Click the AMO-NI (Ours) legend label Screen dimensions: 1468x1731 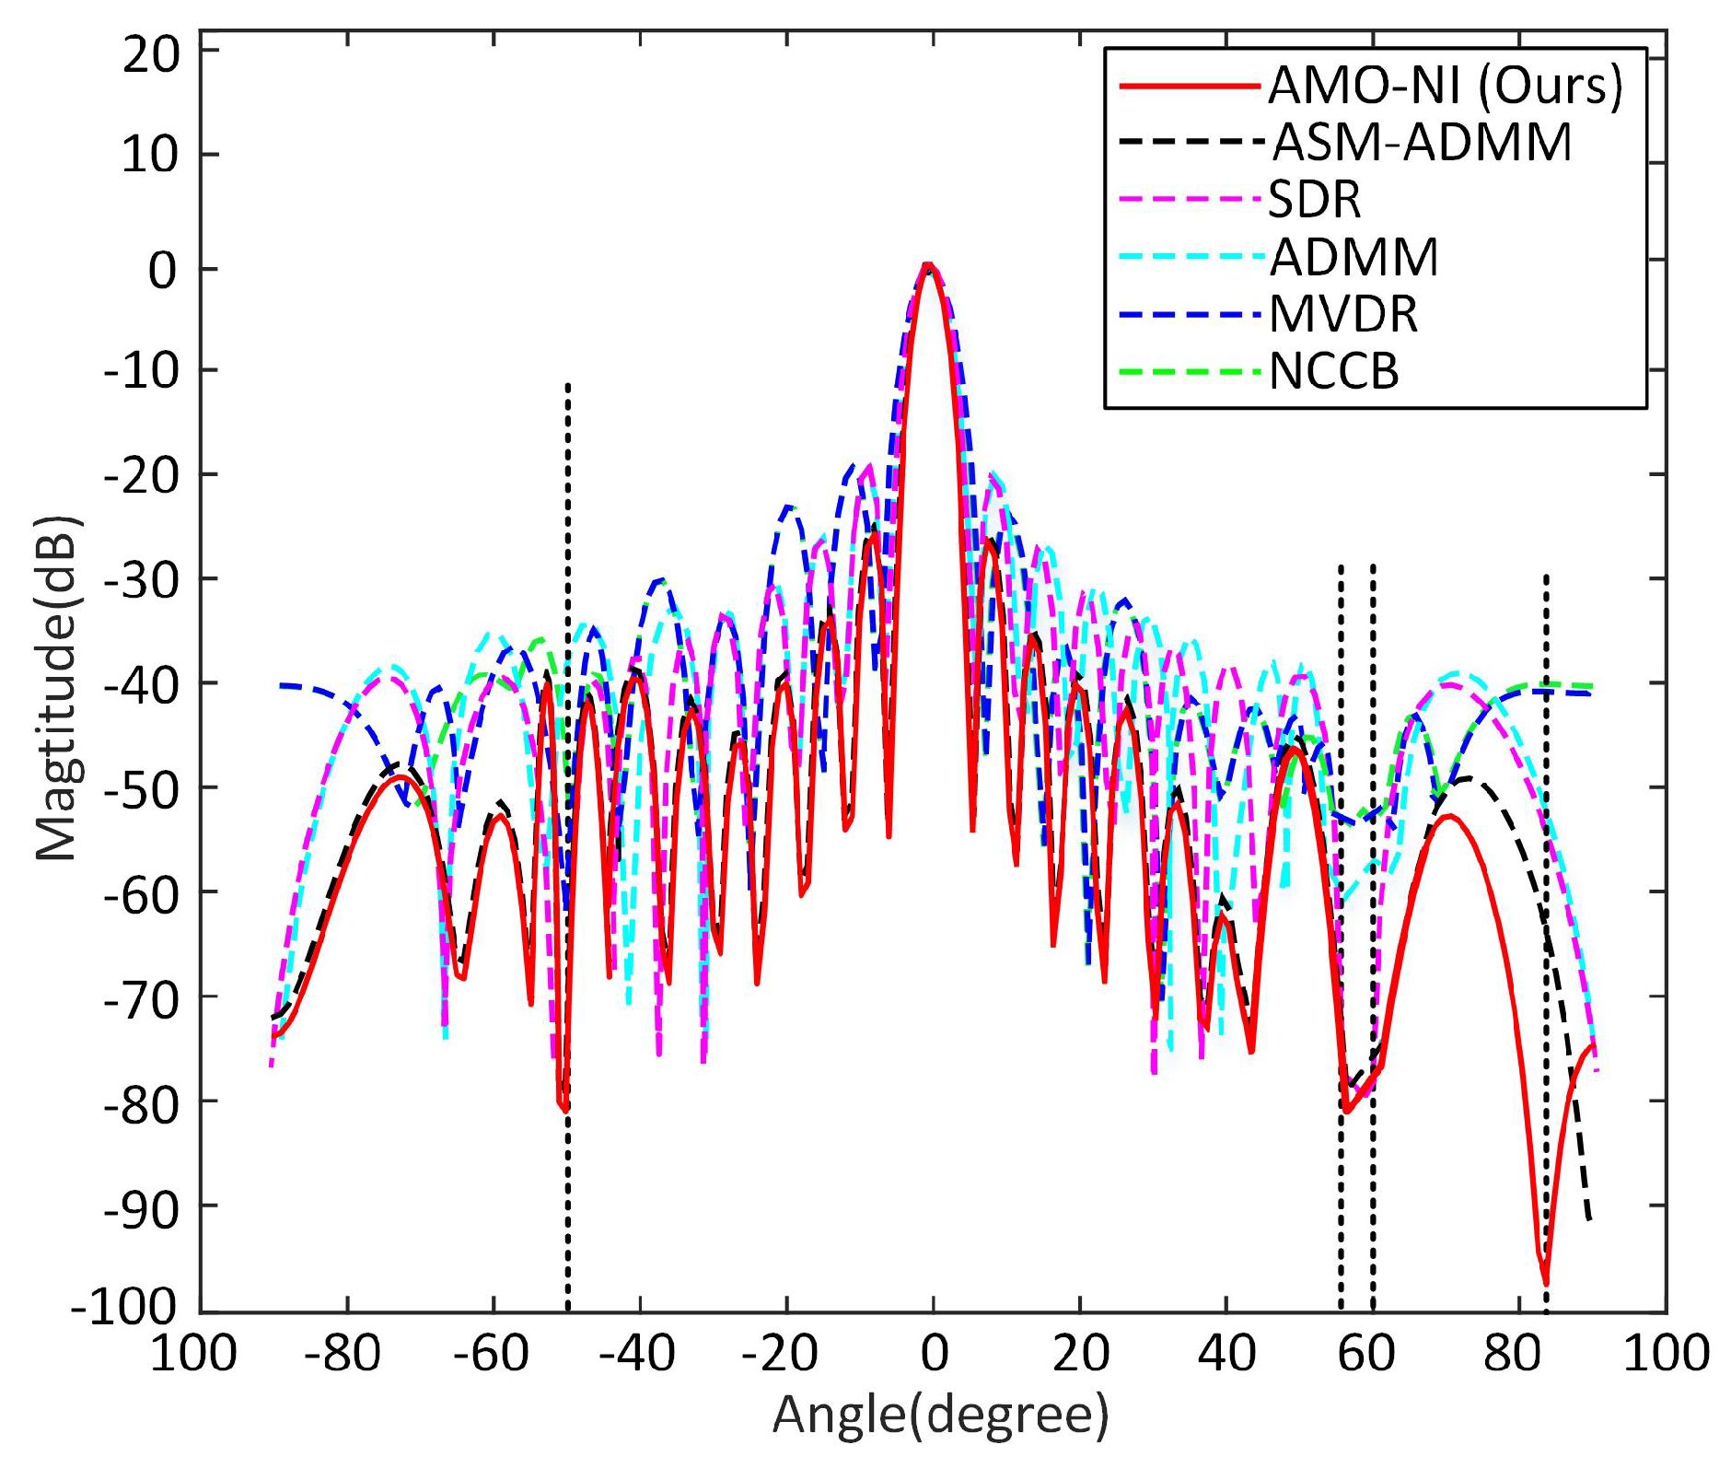point(1445,86)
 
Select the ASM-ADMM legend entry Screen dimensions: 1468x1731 point(1422,143)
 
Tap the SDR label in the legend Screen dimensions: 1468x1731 point(1314,200)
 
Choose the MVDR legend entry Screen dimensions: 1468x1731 point(1343,314)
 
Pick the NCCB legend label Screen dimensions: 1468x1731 point(1334,371)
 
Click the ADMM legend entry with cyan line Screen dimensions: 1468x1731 point(1353,257)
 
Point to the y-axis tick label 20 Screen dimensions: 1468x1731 point(152,54)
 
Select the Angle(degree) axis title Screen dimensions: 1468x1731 point(940,1415)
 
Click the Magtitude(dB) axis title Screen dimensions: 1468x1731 point(57,689)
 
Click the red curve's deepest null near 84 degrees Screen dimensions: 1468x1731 point(1546,1283)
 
